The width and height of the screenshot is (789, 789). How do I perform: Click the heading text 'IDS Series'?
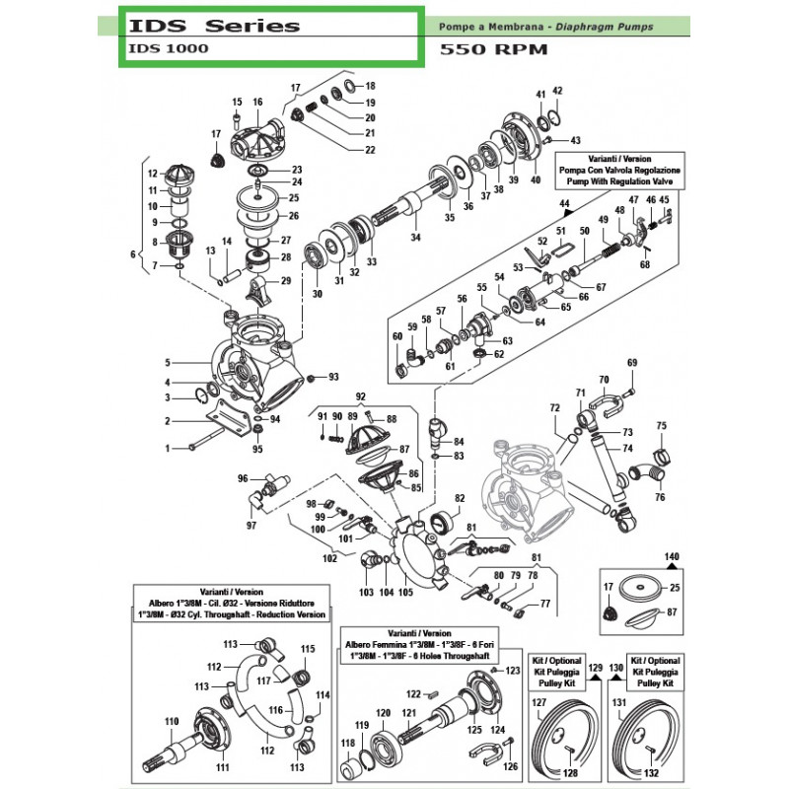coord(213,25)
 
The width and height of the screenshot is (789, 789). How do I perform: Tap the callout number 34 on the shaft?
coord(415,237)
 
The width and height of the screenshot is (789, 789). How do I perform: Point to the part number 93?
coord(333,377)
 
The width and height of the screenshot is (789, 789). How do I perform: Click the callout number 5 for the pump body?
coord(168,362)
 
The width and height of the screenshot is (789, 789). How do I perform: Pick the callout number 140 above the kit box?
coord(674,557)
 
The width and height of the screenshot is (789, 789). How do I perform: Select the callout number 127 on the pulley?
coord(539,703)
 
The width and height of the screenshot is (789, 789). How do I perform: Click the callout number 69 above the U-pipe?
coord(632,363)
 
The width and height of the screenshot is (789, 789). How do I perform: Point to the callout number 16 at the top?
coord(257,103)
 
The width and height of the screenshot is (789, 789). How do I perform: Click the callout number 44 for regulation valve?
coord(565,204)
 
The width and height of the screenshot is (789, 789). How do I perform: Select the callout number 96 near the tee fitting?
coord(243,479)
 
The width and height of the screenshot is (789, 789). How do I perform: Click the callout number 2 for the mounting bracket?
coord(168,422)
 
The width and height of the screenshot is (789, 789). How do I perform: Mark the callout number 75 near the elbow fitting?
coord(662,426)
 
